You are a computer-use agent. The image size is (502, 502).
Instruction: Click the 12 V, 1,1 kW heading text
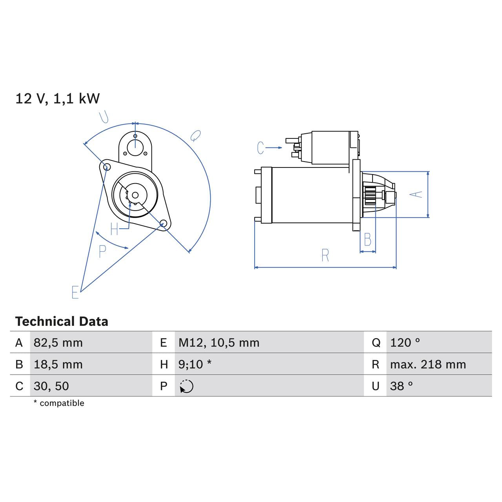click(58, 98)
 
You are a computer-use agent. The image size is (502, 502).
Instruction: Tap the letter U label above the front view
click(104, 117)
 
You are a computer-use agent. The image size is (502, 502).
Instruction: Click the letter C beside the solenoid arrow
click(261, 148)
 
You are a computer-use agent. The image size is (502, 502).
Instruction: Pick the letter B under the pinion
click(367, 240)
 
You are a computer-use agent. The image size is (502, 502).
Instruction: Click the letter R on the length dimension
click(325, 256)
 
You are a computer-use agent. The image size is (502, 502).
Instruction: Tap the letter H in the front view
click(114, 229)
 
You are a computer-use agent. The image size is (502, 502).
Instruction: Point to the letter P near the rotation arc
click(102, 251)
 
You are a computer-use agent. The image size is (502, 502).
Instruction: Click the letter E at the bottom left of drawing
click(75, 292)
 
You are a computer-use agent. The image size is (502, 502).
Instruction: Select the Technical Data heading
click(62, 322)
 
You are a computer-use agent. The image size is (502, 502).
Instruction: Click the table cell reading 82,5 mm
click(58, 343)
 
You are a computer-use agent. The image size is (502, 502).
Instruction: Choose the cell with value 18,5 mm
click(58, 364)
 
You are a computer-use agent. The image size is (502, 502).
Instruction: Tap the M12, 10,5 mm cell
click(219, 343)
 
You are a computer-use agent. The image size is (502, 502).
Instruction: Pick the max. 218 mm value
click(428, 364)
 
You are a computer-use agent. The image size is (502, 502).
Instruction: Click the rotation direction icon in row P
click(186, 386)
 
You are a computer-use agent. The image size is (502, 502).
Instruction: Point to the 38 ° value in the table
click(401, 386)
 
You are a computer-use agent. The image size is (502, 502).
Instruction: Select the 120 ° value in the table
click(405, 343)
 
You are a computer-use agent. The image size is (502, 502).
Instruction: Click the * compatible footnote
click(59, 403)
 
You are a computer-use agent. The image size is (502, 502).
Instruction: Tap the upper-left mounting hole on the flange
click(105, 167)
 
